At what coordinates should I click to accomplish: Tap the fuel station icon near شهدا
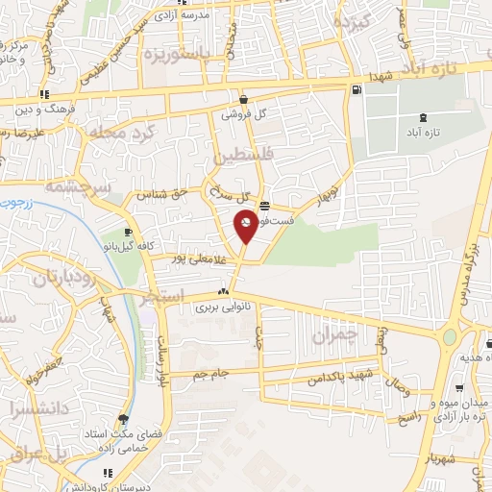point(357,90)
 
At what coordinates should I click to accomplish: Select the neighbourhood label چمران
point(334,335)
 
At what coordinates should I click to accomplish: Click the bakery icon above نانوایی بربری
point(224,291)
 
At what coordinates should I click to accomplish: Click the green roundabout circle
point(449,338)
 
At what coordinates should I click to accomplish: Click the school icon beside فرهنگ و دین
point(45,94)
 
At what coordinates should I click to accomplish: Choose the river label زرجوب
point(15,204)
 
